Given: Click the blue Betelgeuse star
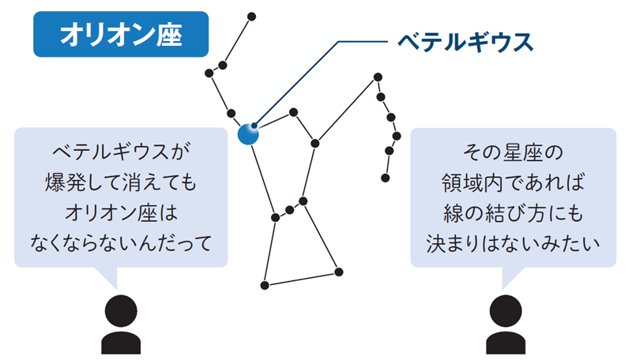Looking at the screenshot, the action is coord(248,134).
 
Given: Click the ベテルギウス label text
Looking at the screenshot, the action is coord(465,42).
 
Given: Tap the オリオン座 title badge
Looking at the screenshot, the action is coord(121,34).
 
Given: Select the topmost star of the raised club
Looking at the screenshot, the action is coord(251,17).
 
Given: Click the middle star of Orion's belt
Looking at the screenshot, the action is coord(289,210).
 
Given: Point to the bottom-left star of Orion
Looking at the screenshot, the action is coord(265,286).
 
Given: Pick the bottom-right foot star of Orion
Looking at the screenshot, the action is coord(339,272).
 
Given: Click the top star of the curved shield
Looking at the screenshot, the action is coord(378,77).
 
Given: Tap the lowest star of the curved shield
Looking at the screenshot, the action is coord(386,178).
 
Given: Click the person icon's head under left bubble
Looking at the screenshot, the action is coord(121,311).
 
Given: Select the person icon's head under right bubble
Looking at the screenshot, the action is coord(506,311).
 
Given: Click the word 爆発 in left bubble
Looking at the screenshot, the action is coord(61,182).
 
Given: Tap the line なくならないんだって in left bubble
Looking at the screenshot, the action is coord(121,243).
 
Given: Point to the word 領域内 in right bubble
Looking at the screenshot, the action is coord(472,183).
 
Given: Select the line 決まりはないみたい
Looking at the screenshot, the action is coord(513,243).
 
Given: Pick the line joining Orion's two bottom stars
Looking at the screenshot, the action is coord(302,279).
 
